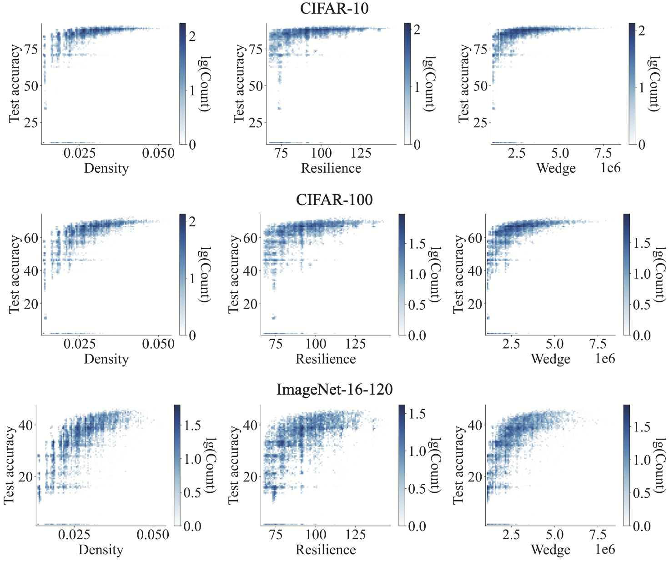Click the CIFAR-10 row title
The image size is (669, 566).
(x=334, y=9)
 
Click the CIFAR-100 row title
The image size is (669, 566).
(x=334, y=200)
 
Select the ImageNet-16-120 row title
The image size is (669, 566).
(x=334, y=390)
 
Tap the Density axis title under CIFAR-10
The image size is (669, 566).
(x=106, y=168)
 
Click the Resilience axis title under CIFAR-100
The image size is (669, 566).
(x=326, y=359)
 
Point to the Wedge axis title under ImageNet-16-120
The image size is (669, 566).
(x=550, y=550)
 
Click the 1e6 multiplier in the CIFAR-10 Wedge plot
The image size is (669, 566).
(x=610, y=168)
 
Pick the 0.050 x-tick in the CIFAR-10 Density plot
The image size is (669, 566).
(x=158, y=153)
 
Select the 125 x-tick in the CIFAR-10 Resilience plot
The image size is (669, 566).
(x=361, y=153)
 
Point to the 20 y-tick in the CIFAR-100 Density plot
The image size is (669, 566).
(x=31, y=304)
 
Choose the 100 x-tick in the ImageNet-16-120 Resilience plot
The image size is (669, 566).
(x=316, y=535)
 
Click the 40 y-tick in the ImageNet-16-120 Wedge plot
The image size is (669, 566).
(x=475, y=426)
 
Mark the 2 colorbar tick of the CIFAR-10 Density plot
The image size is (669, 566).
(x=192, y=36)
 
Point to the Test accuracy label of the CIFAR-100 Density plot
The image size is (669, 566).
(x=15, y=274)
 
